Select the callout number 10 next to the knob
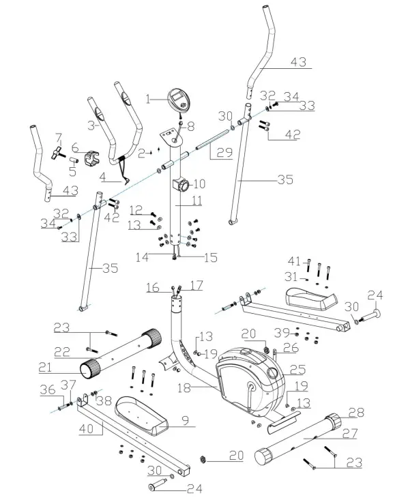click(x=199, y=183)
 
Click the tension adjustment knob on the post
click(x=183, y=184)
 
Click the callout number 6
click(x=74, y=147)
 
